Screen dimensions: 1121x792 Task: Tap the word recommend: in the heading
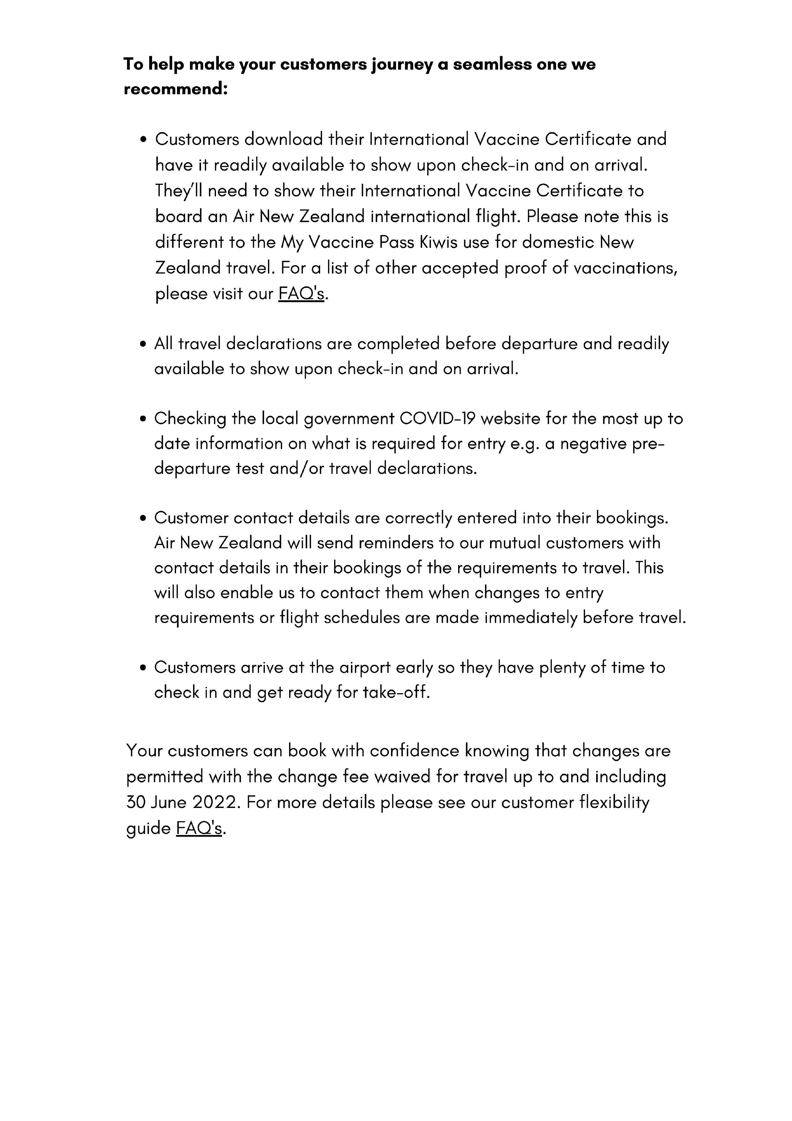pyautogui.click(x=176, y=89)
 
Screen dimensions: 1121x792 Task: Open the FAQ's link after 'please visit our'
pyautogui.click(x=301, y=294)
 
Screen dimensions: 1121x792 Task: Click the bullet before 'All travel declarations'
pyautogui.click(x=143, y=344)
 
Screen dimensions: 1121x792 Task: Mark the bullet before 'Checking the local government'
pyautogui.click(x=143, y=419)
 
